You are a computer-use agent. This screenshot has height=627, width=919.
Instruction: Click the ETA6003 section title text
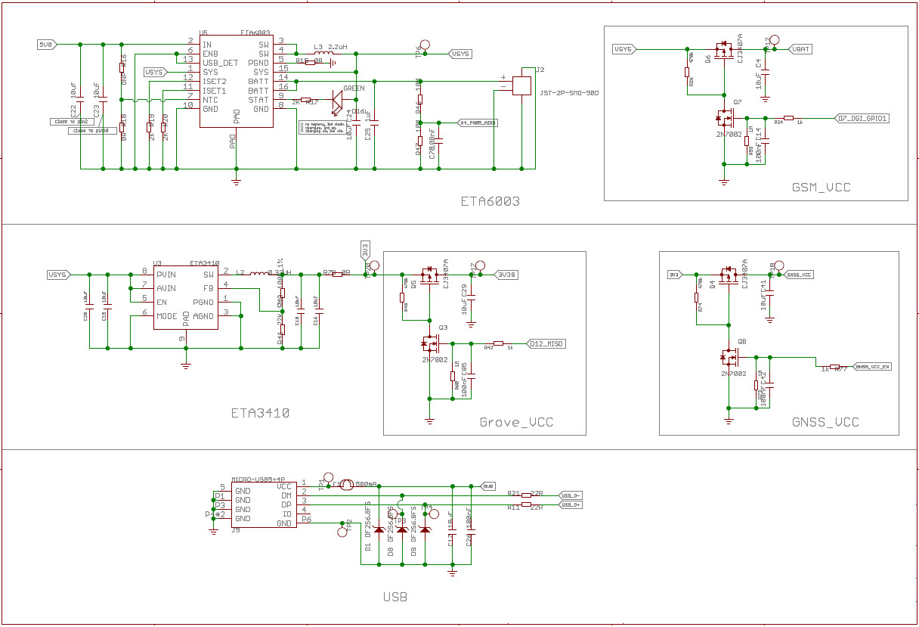(x=490, y=201)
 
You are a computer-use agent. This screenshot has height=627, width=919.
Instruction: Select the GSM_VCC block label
(x=821, y=187)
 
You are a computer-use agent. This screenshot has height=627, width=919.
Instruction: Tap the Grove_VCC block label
(x=516, y=422)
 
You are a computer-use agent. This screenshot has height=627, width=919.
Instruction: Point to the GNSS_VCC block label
(x=825, y=422)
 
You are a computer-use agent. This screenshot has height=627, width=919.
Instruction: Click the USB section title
(x=395, y=597)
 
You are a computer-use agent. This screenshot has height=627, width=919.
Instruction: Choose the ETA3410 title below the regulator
(x=260, y=413)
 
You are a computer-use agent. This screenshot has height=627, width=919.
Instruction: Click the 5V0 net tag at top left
(x=46, y=45)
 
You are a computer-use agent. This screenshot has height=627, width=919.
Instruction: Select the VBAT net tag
(x=800, y=49)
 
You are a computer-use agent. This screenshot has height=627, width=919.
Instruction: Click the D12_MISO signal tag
(x=546, y=343)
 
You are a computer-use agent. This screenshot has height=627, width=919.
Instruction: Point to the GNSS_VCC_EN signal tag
(x=873, y=367)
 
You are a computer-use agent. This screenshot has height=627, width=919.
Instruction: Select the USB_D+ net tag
(x=571, y=504)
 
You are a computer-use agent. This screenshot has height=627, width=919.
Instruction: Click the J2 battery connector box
(x=522, y=85)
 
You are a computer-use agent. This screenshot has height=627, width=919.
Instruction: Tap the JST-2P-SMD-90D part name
(x=570, y=93)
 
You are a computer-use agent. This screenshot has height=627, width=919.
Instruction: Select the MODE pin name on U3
(x=166, y=315)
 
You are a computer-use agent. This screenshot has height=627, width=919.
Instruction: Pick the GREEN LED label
(x=354, y=88)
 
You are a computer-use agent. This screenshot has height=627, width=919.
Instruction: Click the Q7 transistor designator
(x=738, y=101)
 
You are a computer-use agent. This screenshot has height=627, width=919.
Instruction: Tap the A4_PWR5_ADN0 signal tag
(x=478, y=123)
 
